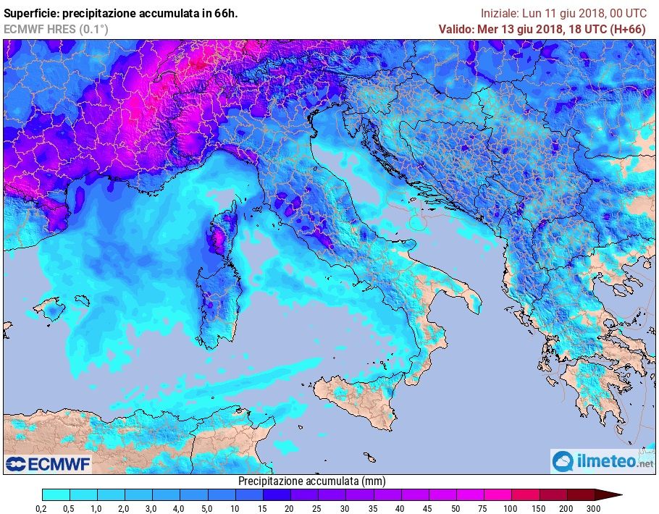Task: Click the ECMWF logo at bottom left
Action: [x=49, y=464]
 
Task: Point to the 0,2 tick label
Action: [x=42, y=508]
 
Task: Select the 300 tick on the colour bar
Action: [x=593, y=508]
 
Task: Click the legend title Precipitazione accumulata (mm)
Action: [x=312, y=481]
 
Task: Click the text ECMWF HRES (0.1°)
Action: [x=56, y=29]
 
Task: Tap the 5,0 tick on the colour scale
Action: [x=207, y=508]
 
